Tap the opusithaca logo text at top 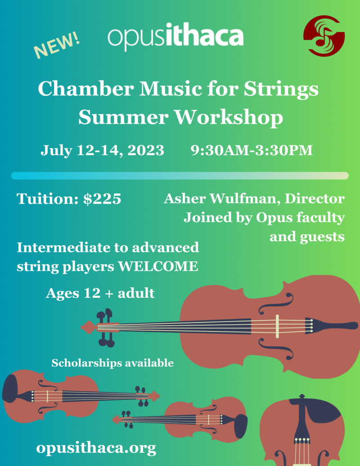[x=175, y=36]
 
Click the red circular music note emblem [x=324, y=36]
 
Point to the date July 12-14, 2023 [x=103, y=150]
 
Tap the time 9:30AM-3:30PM [x=252, y=150]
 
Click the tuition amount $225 [x=103, y=199]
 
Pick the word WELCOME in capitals [x=158, y=266]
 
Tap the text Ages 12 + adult [x=100, y=293]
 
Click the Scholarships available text [x=112, y=363]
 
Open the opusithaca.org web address [x=96, y=448]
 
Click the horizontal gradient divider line [x=180, y=175]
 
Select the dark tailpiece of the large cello [x=328, y=325]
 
